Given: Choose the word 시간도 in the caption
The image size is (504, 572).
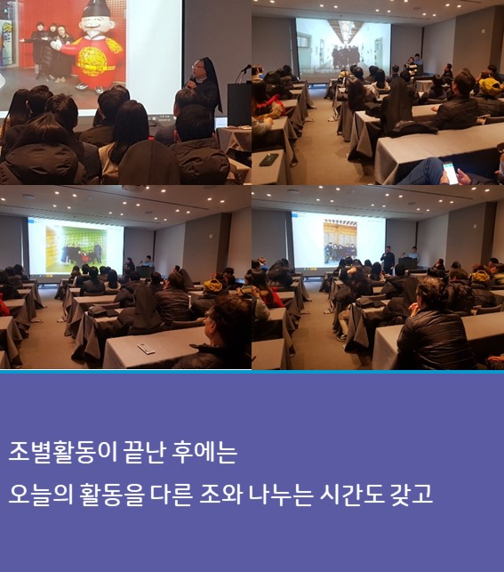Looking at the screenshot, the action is click(x=351, y=495).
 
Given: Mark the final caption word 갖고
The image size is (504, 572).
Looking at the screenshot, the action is click(x=411, y=495).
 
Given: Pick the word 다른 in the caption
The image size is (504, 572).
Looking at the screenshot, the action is click(x=171, y=495).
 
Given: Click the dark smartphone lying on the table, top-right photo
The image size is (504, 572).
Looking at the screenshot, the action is click(x=268, y=159).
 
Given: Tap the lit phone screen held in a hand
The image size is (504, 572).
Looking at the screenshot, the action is click(x=451, y=173).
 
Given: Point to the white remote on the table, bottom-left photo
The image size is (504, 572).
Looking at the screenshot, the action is click(x=146, y=349).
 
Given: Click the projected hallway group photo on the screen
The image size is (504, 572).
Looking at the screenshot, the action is click(x=343, y=44).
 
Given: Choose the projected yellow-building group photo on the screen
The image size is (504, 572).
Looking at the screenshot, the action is click(x=340, y=242).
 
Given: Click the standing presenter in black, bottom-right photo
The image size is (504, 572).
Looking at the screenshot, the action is click(x=388, y=260).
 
